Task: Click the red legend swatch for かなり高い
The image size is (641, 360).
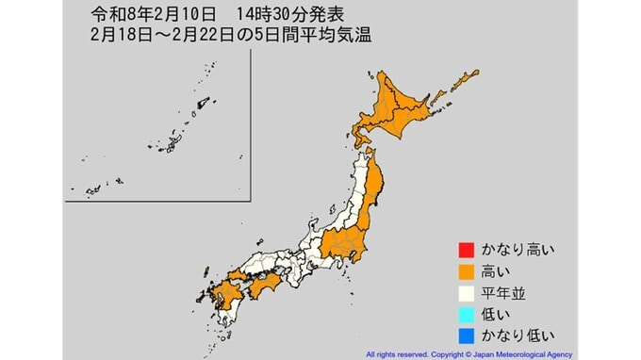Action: pyautogui.click(x=464, y=251)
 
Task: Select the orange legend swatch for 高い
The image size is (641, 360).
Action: pyautogui.click(x=464, y=271)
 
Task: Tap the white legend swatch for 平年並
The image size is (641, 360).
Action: pyautogui.click(x=464, y=293)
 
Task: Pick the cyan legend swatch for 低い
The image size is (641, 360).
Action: pyautogui.click(x=464, y=314)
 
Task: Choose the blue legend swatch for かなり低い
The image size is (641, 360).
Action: pyautogui.click(x=464, y=335)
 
